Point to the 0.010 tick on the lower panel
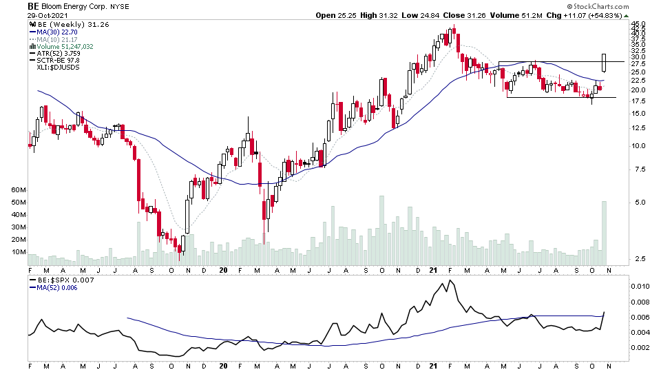tap(642, 285)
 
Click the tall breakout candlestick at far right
tap(604, 63)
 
